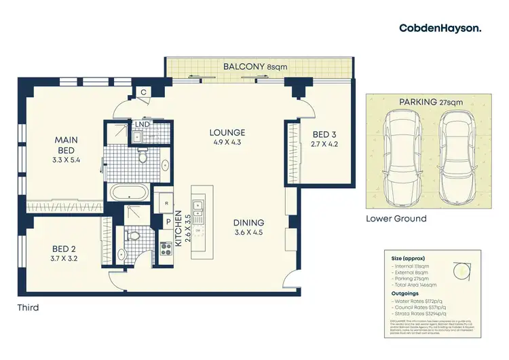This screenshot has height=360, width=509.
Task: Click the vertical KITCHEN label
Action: point(180,229)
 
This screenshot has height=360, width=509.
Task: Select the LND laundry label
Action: point(143,124)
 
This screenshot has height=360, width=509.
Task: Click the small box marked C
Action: point(145,93)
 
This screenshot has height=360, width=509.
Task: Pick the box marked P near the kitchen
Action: point(167,221)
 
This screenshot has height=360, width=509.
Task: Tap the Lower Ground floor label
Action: point(396,219)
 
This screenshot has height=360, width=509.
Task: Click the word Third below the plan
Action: point(28,308)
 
